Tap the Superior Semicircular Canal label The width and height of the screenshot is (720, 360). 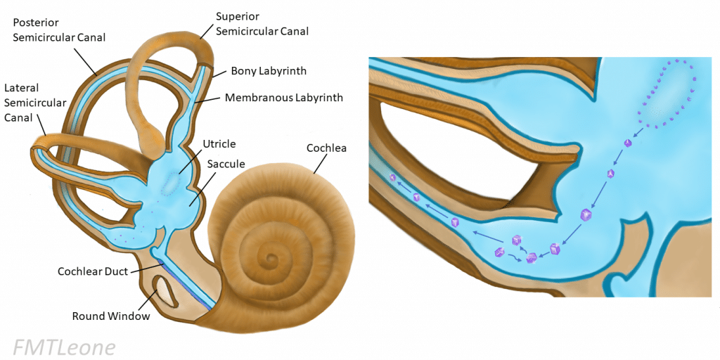[262, 24]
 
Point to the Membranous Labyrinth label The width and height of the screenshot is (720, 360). [284, 98]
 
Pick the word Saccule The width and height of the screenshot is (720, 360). [226, 164]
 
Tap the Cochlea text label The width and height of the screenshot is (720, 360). [327, 148]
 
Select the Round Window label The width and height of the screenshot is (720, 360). [111, 316]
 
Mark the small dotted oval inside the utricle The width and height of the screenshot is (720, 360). [171, 184]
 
